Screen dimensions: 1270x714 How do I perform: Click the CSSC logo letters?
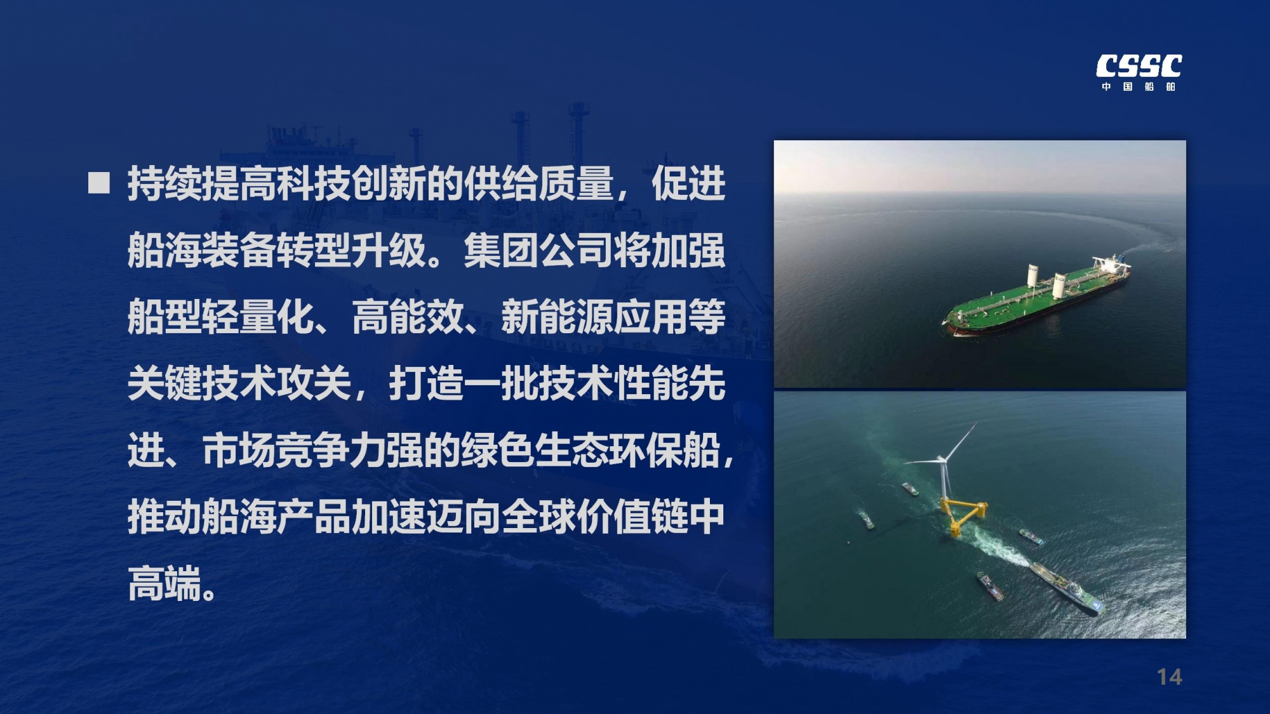(1139, 66)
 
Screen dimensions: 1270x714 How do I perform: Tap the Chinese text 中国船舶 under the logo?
(1139, 86)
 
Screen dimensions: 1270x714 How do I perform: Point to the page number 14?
(1169, 677)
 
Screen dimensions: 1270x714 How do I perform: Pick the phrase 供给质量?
(538, 184)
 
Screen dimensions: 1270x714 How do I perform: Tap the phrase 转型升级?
(351, 251)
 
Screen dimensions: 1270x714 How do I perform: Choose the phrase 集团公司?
(538, 251)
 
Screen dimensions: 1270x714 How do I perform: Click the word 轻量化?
(258, 317)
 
